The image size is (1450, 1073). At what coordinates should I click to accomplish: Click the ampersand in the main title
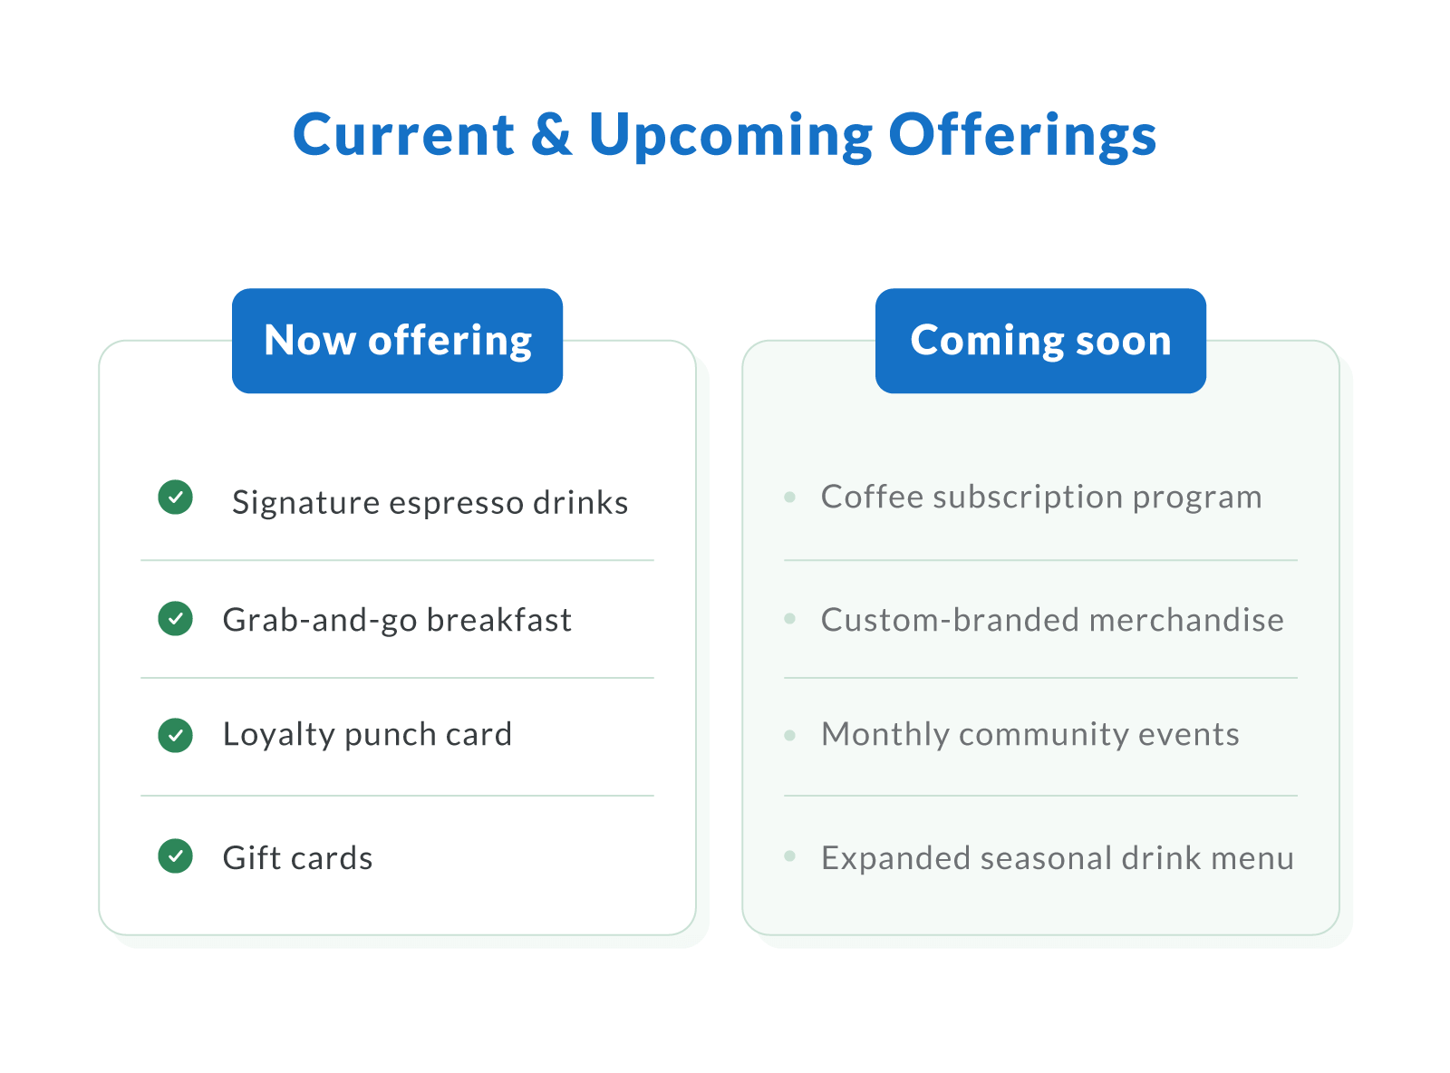(551, 134)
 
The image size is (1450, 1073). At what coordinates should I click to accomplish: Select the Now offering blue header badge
(397, 341)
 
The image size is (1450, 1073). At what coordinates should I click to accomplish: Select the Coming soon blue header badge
(1040, 341)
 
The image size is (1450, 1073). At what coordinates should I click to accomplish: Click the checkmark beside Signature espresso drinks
(175, 497)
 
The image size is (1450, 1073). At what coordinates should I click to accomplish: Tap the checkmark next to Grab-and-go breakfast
(175, 619)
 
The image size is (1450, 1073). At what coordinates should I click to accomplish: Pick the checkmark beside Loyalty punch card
(175, 735)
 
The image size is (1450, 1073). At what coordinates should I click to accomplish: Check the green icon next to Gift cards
(175, 855)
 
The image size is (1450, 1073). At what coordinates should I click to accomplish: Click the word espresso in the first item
(455, 503)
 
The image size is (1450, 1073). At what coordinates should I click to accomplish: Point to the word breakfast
(498, 620)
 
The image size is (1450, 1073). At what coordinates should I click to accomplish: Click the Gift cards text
(297, 858)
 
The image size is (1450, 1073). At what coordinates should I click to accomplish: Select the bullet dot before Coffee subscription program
(790, 497)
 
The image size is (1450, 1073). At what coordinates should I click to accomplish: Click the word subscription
(1028, 498)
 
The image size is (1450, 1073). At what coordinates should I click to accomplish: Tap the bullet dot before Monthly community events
(790, 735)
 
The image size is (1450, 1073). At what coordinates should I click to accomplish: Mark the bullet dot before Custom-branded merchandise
(790, 619)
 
